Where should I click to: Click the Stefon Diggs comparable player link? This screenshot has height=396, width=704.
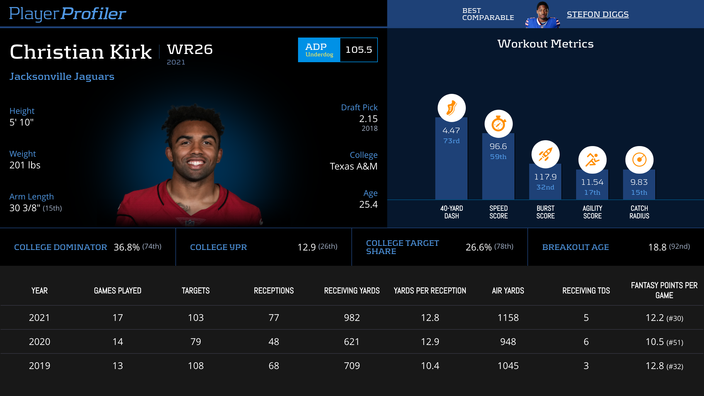point(598,14)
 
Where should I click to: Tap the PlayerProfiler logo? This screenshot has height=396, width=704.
point(67,13)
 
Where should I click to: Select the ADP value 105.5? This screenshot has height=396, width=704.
point(358,50)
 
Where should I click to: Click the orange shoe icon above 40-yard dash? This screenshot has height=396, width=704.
point(451,108)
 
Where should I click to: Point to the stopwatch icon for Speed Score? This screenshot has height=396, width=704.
point(498,124)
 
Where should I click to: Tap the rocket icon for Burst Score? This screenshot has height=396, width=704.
point(545,154)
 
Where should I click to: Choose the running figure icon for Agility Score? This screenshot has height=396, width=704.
point(592,160)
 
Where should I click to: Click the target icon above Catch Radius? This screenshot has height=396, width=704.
point(639,160)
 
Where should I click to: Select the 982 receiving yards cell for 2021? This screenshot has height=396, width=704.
point(352,318)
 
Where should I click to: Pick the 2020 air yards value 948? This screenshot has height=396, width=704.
point(508,342)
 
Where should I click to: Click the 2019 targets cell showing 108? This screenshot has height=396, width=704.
point(196,366)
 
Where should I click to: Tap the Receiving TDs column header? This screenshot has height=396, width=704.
point(586,291)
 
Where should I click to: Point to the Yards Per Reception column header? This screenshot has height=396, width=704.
point(430,291)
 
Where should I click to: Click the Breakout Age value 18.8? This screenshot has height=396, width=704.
point(657,247)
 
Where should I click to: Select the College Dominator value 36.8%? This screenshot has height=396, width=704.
point(126,247)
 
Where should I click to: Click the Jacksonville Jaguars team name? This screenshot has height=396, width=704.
point(62,77)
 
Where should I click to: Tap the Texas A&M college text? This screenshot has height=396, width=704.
point(353,166)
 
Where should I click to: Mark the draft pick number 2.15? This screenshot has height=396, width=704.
point(368,119)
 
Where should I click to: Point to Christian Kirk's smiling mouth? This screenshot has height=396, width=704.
point(195,163)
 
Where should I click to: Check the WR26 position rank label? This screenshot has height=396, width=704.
point(190,49)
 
